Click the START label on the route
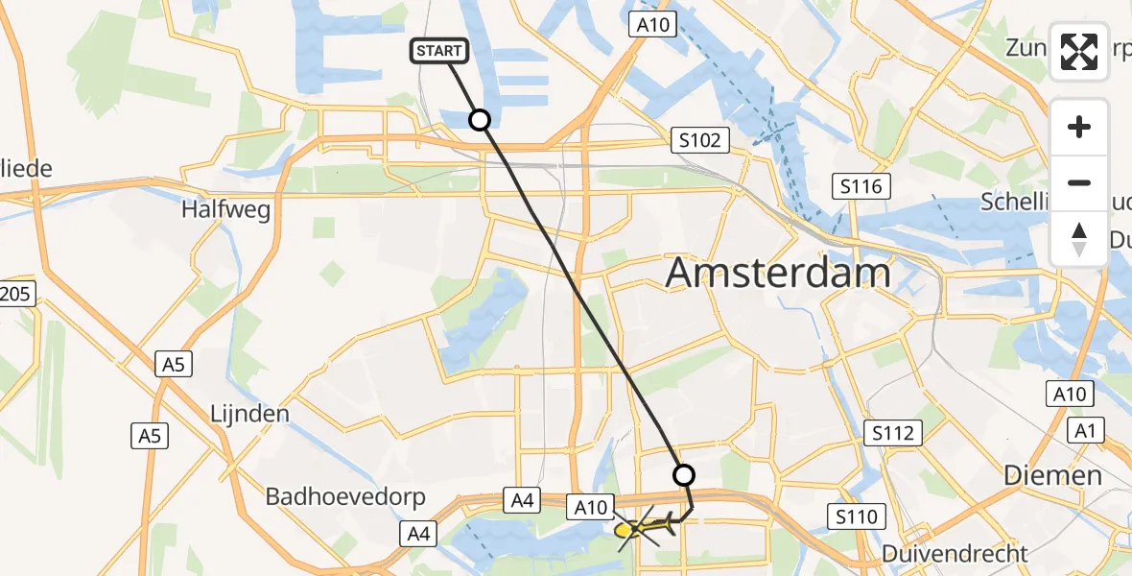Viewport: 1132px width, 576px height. pyautogui.click(x=439, y=51)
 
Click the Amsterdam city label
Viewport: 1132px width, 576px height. pyautogui.click(x=778, y=274)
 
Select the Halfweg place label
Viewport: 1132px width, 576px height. pyautogui.click(x=226, y=208)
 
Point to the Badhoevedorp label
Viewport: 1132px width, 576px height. pyautogui.click(x=332, y=497)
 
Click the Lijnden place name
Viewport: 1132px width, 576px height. pyautogui.click(x=249, y=414)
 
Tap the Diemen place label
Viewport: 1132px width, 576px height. pyautogui.click(x=1052, y=475)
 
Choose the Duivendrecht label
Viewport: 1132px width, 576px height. pyautogui.click(x=955, y=553)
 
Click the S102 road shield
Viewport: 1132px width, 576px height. pyautogui.click(x=699, y=141)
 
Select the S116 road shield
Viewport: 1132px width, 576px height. pyautogui.click(x=860, y=186)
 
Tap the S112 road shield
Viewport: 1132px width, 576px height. pyautogui.click(x=892, y=433)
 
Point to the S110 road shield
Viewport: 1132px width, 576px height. pyautogui.click(x=856, y=518)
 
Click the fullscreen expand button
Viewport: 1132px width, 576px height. pyautogui.click(x=1079, y=51)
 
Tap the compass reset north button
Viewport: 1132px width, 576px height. pyautogui.click(x=1079, y=237)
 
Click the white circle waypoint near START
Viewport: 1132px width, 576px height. pyautogui.click(x=479, y=119)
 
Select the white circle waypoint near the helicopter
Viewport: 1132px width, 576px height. pyautogui.click(x=683, y=474)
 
